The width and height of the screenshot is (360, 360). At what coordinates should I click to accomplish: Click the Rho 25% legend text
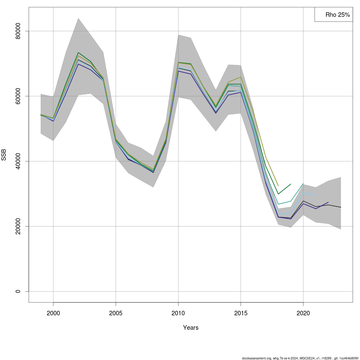(337, 15)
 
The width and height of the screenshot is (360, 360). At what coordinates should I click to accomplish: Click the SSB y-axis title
(4, 155)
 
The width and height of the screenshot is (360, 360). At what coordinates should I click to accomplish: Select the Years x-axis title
(191, 328)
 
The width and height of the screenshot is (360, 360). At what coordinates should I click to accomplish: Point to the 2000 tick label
(53, 313)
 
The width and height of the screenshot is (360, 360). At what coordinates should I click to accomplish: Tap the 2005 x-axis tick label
(116, 313)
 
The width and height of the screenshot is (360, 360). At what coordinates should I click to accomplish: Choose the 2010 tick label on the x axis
(178, 313)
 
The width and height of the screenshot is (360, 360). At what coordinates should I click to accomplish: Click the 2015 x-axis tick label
(241, 313)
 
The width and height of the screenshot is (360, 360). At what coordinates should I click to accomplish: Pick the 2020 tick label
(303, 313)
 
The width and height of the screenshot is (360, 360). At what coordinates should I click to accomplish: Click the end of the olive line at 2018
(278, 186)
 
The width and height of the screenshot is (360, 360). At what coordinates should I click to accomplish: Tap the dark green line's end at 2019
(291, 184)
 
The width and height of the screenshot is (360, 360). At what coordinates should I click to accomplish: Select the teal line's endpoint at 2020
(303, 184)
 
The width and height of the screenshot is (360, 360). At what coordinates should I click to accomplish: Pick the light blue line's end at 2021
(316, 195)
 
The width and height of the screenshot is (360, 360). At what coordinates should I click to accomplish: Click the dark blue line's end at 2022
(328, 202)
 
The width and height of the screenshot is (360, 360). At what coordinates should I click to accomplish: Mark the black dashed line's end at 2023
(340, 207)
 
